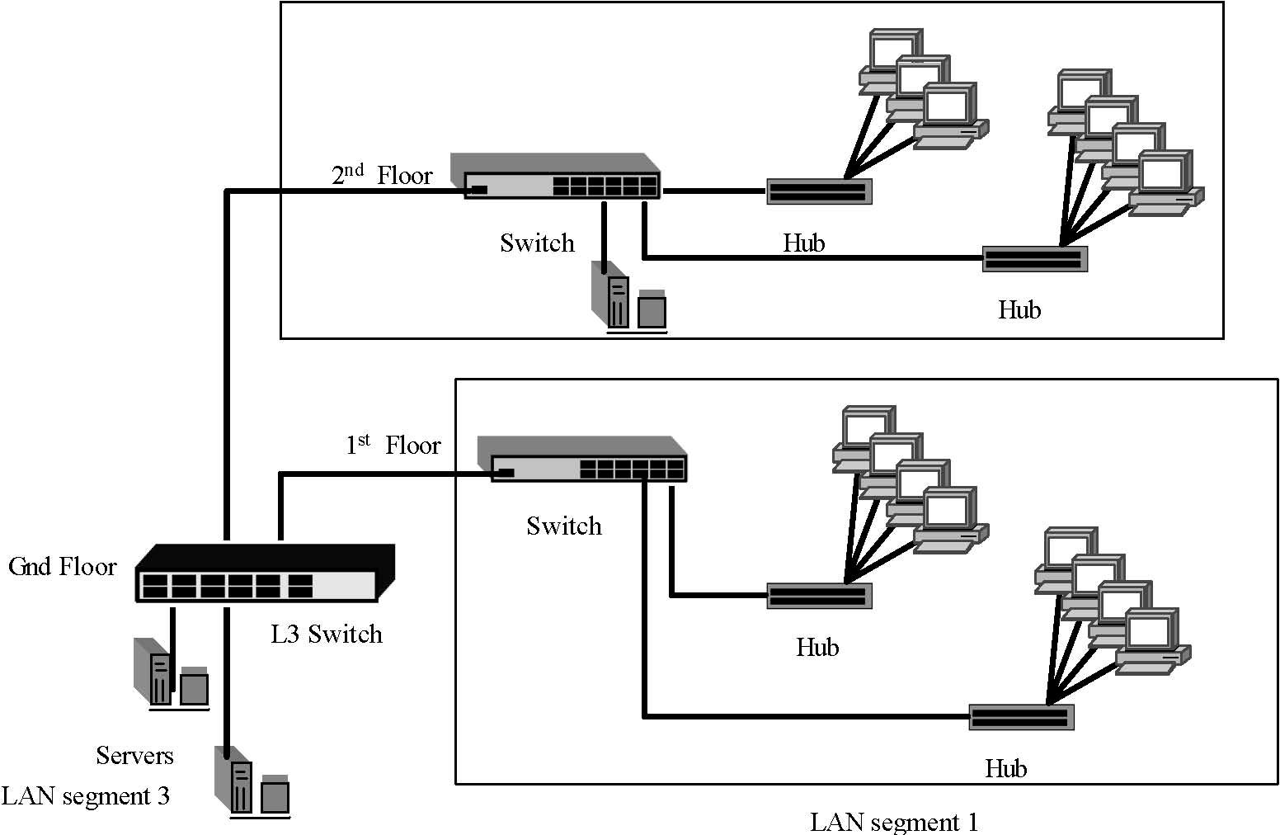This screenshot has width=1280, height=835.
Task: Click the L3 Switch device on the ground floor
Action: point(264,574)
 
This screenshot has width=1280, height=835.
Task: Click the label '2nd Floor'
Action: point(381,175)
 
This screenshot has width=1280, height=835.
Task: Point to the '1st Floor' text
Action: point(393,446)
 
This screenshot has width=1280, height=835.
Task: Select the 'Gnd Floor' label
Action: point(63,567)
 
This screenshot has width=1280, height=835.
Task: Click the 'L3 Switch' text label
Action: point(327,635)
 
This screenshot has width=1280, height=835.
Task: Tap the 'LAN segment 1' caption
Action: point(893,823)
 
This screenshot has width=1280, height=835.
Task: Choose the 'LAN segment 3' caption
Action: point(86,796)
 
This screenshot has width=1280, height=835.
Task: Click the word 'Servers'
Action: point(134,756)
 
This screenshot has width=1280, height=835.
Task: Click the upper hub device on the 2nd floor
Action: point(819,191)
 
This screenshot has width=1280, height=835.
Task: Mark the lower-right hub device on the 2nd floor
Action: point(1034,259)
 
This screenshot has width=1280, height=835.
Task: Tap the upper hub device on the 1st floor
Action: point(819,596)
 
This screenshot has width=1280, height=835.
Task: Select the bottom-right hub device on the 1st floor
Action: point(1022,717)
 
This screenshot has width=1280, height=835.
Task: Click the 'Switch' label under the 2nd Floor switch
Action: point(537,243)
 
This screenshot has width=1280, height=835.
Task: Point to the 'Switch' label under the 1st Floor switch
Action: point(564,526)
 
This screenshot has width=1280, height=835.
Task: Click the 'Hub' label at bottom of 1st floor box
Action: point(1005,769)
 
